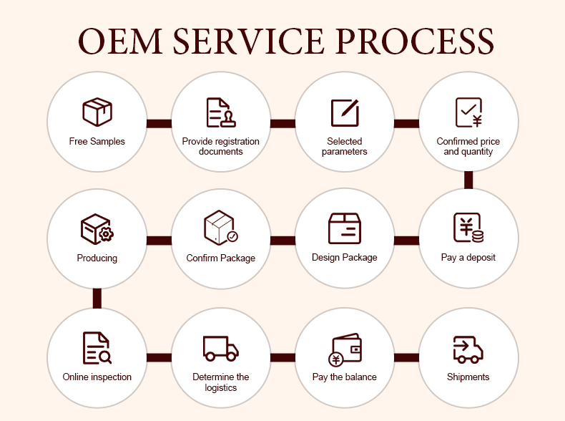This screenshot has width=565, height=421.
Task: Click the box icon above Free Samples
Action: [97, 112]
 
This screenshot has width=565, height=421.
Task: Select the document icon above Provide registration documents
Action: [221, 112]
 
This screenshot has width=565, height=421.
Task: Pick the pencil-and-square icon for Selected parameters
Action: [345, 112]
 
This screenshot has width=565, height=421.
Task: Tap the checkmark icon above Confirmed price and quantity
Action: [468, 112]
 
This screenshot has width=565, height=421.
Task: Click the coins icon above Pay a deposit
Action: [468, 228]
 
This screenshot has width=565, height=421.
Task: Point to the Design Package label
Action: [345, 258]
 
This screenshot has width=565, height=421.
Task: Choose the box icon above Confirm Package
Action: [221, 228]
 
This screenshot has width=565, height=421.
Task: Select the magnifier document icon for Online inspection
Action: [97, 348]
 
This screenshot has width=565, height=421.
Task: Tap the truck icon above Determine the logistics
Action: [221, 348]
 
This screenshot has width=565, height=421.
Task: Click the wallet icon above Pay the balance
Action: [345, 349]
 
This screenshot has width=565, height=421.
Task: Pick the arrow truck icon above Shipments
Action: [468, 349]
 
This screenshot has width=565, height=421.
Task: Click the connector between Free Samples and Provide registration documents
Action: [159, 123]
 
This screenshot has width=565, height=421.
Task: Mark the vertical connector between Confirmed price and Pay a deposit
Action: [468, 180]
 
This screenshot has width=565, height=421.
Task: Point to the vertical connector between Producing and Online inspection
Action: [97, 299]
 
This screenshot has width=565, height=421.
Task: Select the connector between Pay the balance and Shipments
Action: [406, 357]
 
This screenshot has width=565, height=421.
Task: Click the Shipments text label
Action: [468, 377]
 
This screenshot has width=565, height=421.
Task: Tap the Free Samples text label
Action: [97, 142]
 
